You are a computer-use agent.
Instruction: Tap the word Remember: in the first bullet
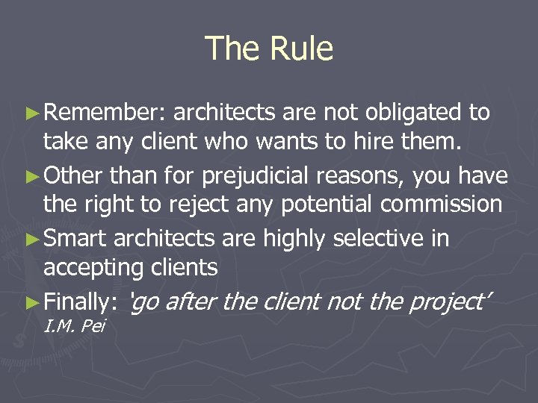[x=108, y=113]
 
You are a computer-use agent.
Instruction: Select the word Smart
[x=77, y=239]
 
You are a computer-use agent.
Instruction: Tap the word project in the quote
[x=447, y=302]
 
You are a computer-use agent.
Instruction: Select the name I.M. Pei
[x=75, y=326]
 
